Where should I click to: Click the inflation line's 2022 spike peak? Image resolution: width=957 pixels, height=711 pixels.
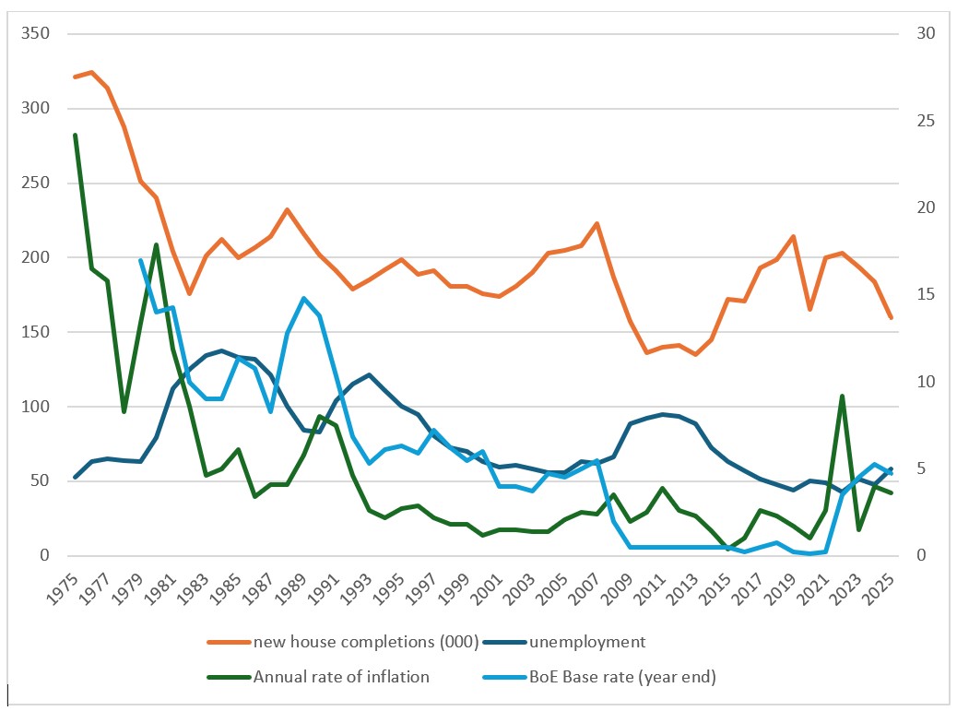[842, 396]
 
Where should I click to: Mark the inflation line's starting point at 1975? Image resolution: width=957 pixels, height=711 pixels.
[75, 135]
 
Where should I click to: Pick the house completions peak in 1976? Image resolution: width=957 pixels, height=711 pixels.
[91, 72]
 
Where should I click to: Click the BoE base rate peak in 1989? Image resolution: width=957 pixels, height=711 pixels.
[303, 298]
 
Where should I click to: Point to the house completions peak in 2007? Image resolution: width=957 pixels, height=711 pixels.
[597, 223]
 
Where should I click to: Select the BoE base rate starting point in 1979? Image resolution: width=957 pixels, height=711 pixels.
[140, 260]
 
